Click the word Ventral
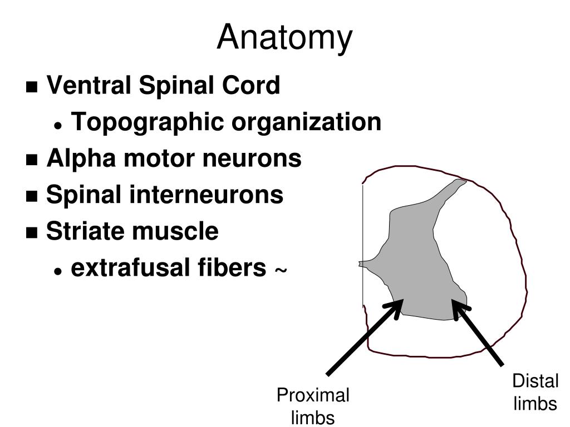(x=88, y=86)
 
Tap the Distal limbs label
(x=535, y=393)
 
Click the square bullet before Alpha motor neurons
(x=32, y=161)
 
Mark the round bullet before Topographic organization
(x=58, y=126)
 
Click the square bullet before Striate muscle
(x=32, y=233)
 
